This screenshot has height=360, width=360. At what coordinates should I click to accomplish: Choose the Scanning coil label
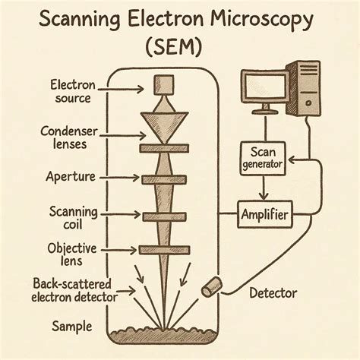72,216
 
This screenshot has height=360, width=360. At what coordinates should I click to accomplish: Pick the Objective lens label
73,254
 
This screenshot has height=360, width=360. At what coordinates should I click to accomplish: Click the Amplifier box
264,216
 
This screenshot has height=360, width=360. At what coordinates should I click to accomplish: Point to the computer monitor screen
264,86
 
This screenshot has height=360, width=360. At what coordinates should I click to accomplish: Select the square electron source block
165,84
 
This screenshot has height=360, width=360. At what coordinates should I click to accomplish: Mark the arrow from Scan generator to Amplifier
261,188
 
